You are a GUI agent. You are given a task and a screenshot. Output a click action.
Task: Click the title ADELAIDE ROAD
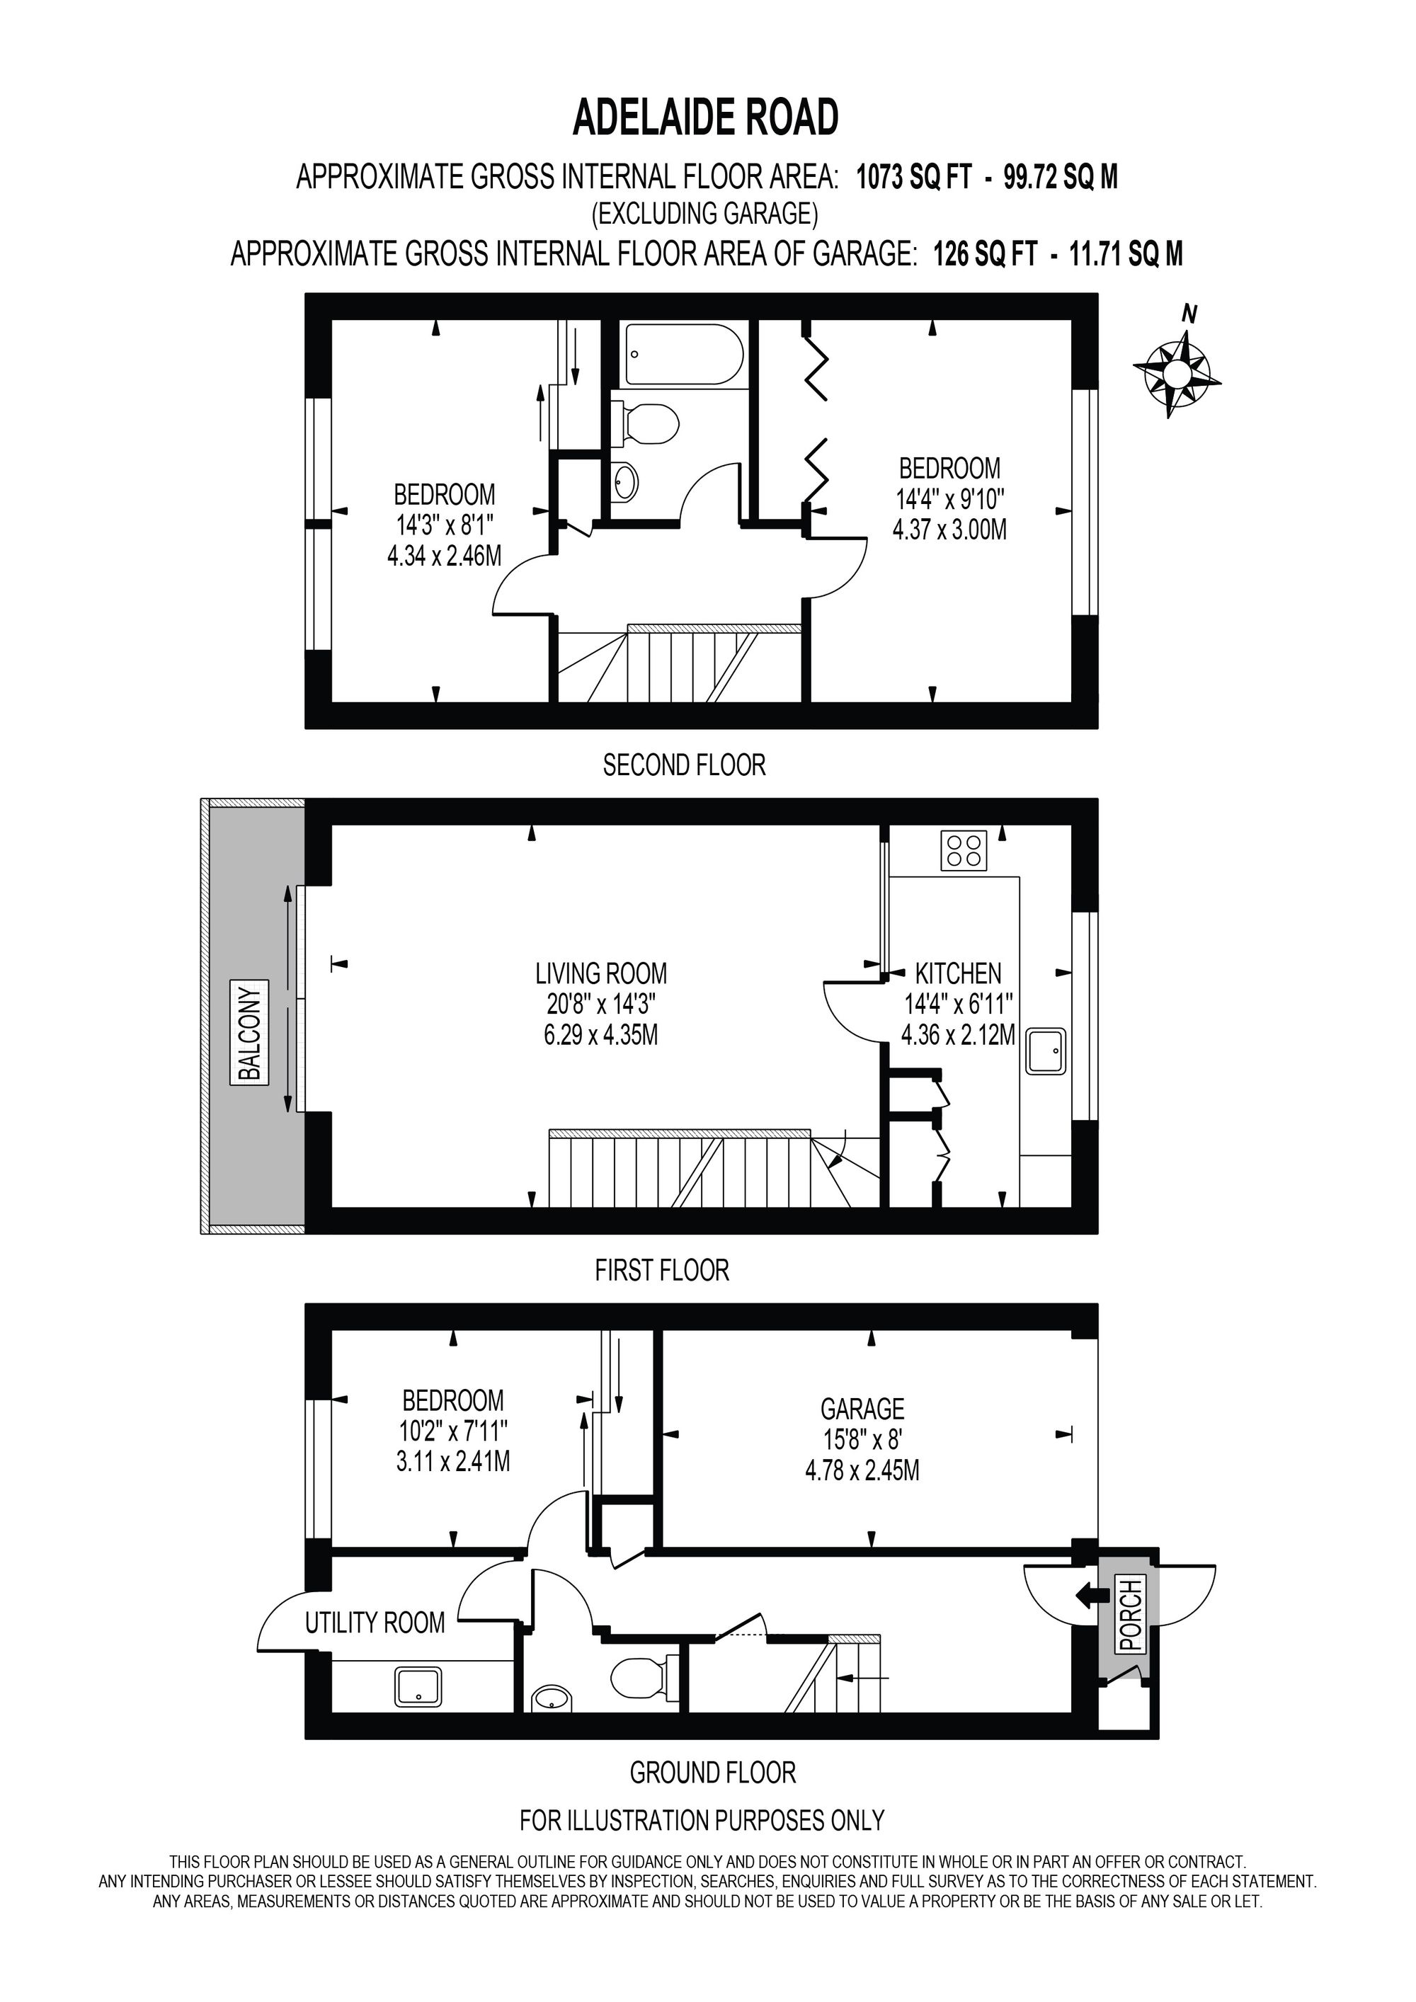pyautogui.click(x=705, y=117)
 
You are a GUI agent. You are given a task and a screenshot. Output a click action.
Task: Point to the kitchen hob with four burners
pyautogui.click(x=964, y=850)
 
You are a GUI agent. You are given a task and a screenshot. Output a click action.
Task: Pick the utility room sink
pyautogui.click(x=419, y=1686)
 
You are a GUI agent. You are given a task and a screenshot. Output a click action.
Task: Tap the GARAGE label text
pyautogui.click(x=862, y=1408)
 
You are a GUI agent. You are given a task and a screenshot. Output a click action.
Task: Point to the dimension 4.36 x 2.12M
pyautogui.click(x=958, y=1035)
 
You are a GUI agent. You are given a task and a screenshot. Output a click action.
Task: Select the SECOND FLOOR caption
pyautogui.click(x=685, y=765)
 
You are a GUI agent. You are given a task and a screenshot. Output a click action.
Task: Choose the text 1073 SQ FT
pyautogui.click(x=913, y=177)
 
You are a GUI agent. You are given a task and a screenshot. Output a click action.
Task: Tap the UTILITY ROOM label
pyautogui.click(x=375, y=1623)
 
